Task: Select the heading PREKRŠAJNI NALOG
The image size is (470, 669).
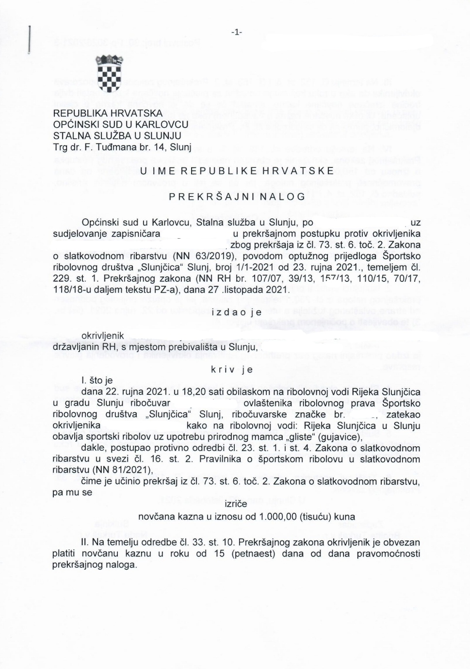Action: click(237, 196)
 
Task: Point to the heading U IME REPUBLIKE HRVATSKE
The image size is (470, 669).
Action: click(237, 171)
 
